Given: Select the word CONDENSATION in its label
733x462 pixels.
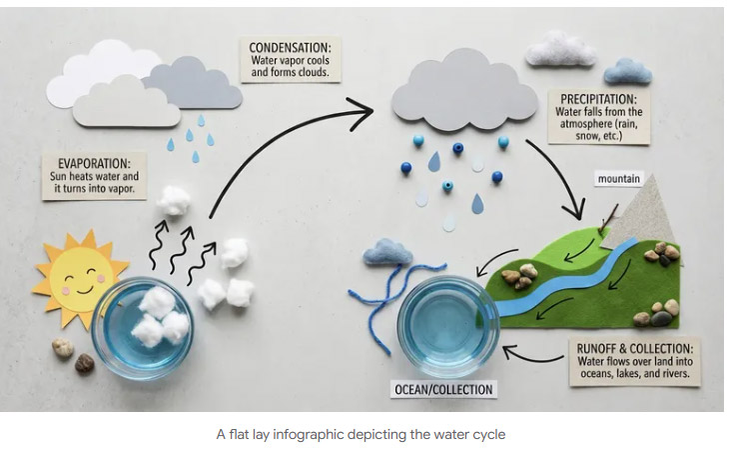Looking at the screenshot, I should pyautogui.click(x=294, y=47).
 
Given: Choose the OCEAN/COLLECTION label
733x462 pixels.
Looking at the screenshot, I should pyautogui.click(x=442, y=389).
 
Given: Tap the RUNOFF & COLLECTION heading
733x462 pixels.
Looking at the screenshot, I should pyautogui.click(x=634, y=348).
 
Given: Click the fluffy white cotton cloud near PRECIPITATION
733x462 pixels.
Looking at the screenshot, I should pyautogui.click(x=561, y=48).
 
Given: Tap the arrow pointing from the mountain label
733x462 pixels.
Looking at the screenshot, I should pyautogui.click(x=610, y=210).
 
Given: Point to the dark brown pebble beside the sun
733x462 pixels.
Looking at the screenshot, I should pyautogui.click(x=85, y=362).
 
